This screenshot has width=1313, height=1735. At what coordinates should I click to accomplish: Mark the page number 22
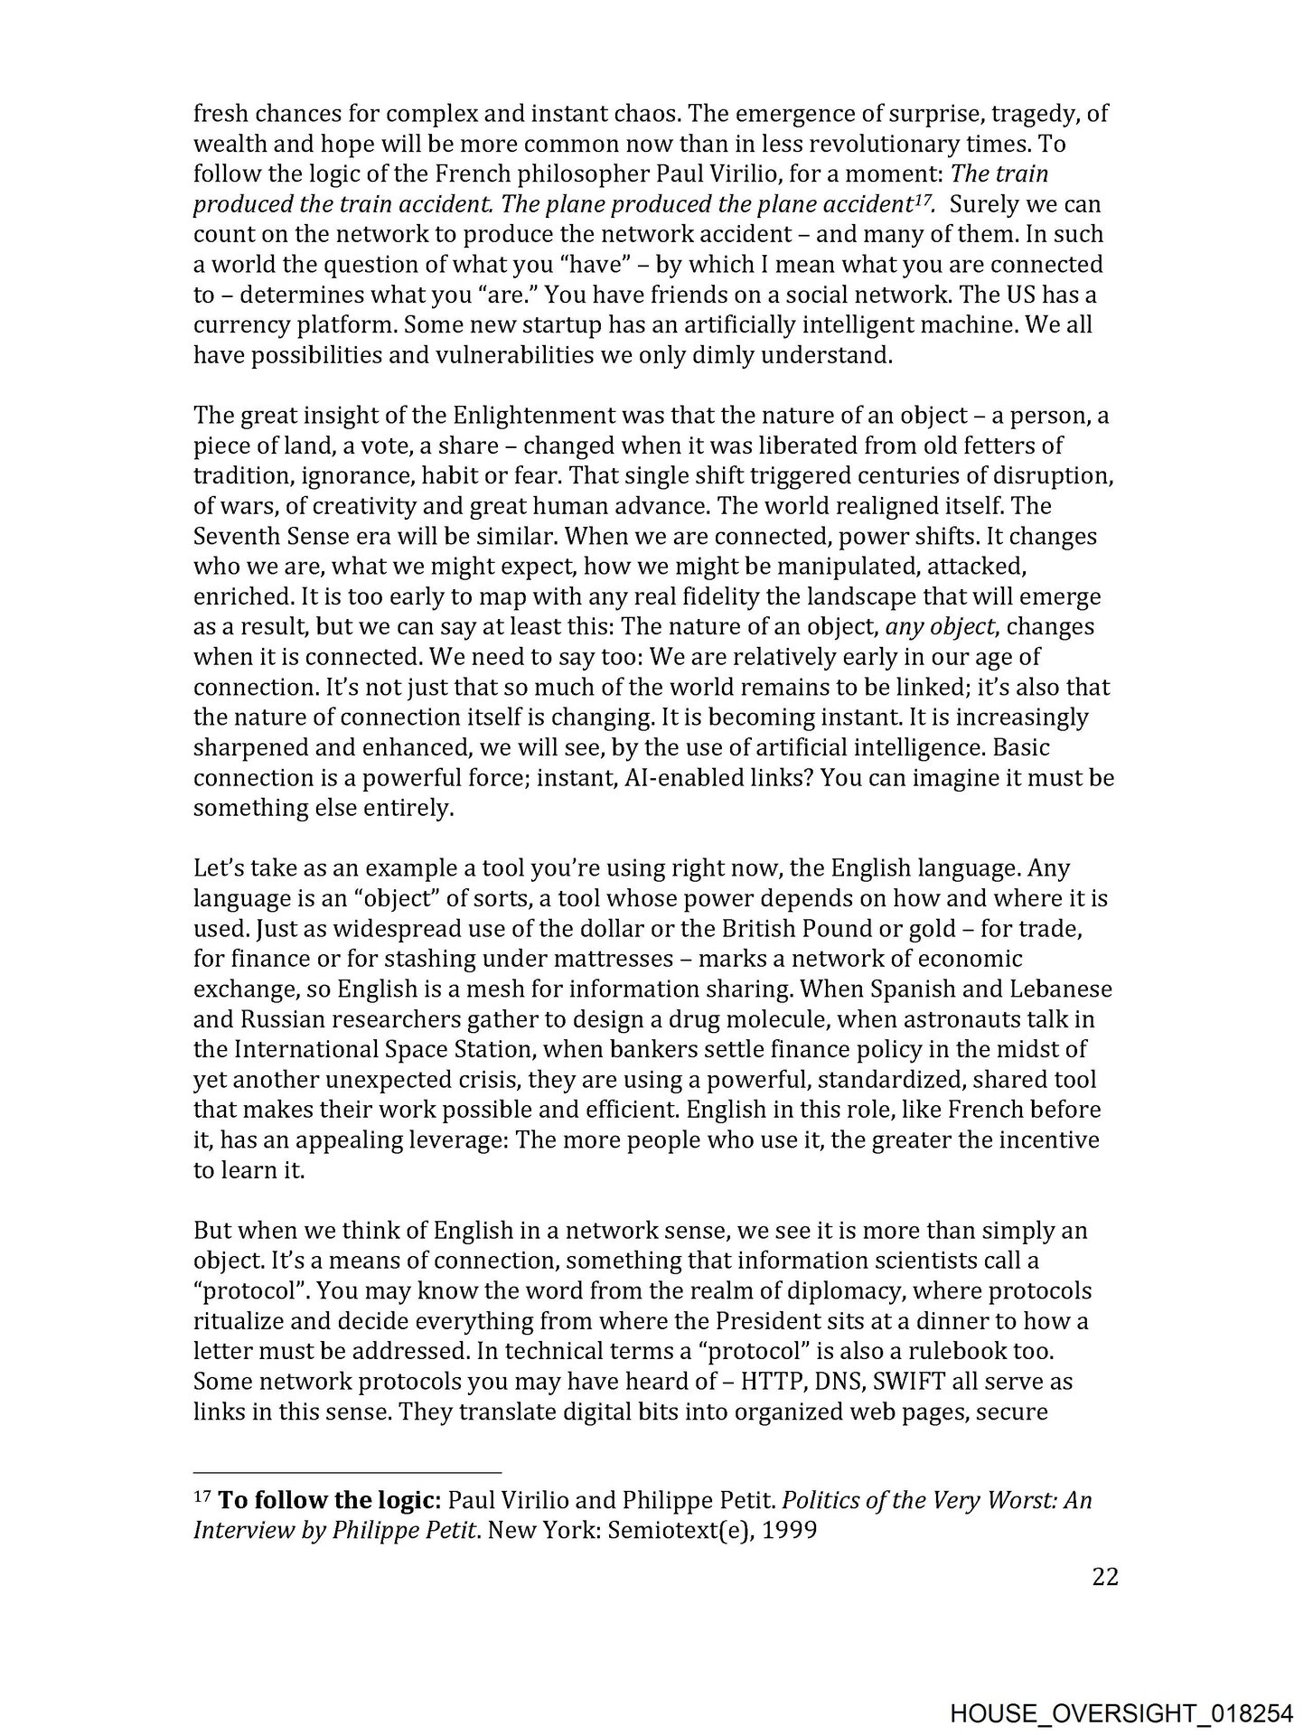point(1105,1577)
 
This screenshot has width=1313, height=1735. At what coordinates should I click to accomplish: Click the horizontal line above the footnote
point(347,1471)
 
